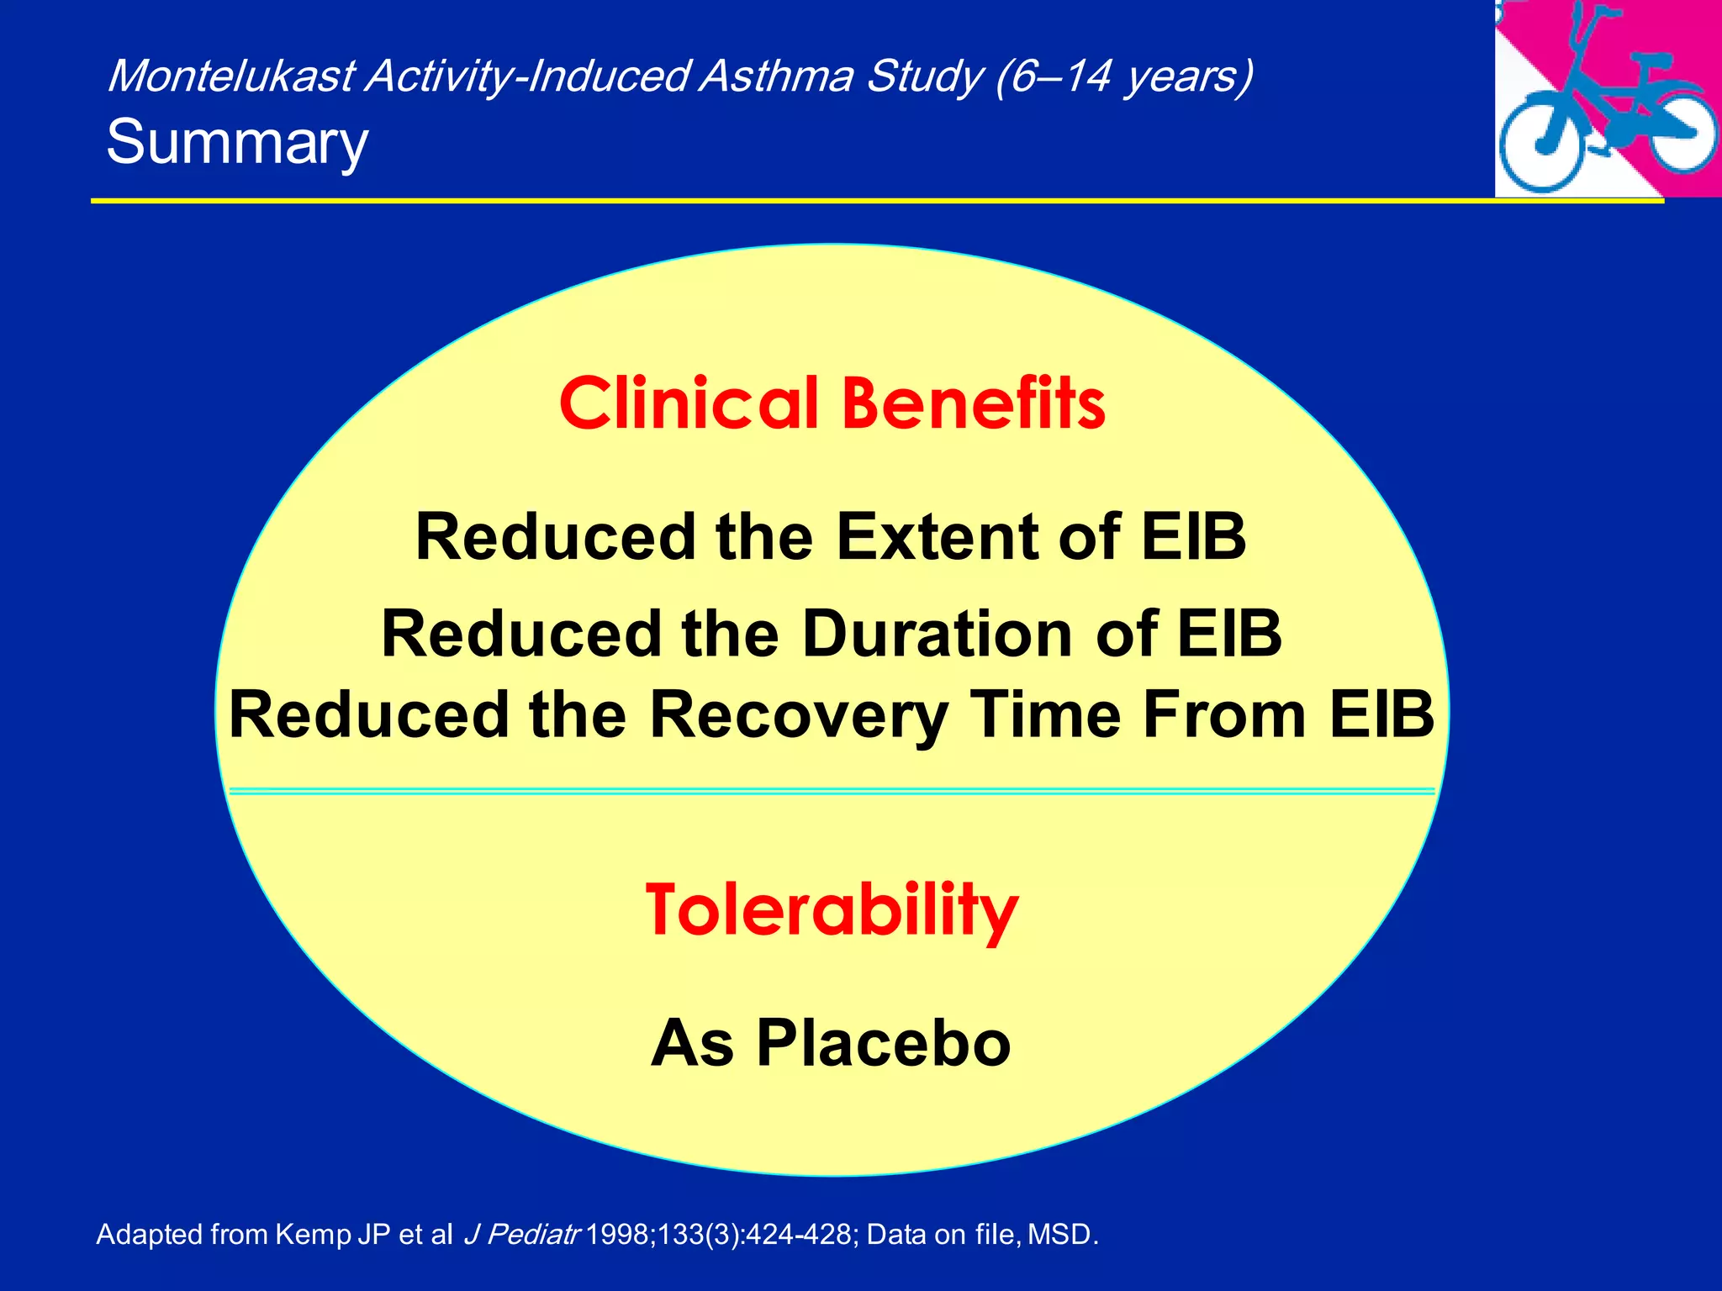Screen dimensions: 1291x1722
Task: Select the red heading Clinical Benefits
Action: point(832,404)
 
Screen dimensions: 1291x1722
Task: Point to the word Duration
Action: point(937,634)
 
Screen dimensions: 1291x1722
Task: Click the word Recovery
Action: point(798,715)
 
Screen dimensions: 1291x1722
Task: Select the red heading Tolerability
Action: point(832,911)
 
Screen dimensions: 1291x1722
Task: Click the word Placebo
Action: point(883,1043)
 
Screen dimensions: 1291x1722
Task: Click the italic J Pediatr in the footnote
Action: point(521,1235)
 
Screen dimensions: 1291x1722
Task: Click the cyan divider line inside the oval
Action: point(832,792)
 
